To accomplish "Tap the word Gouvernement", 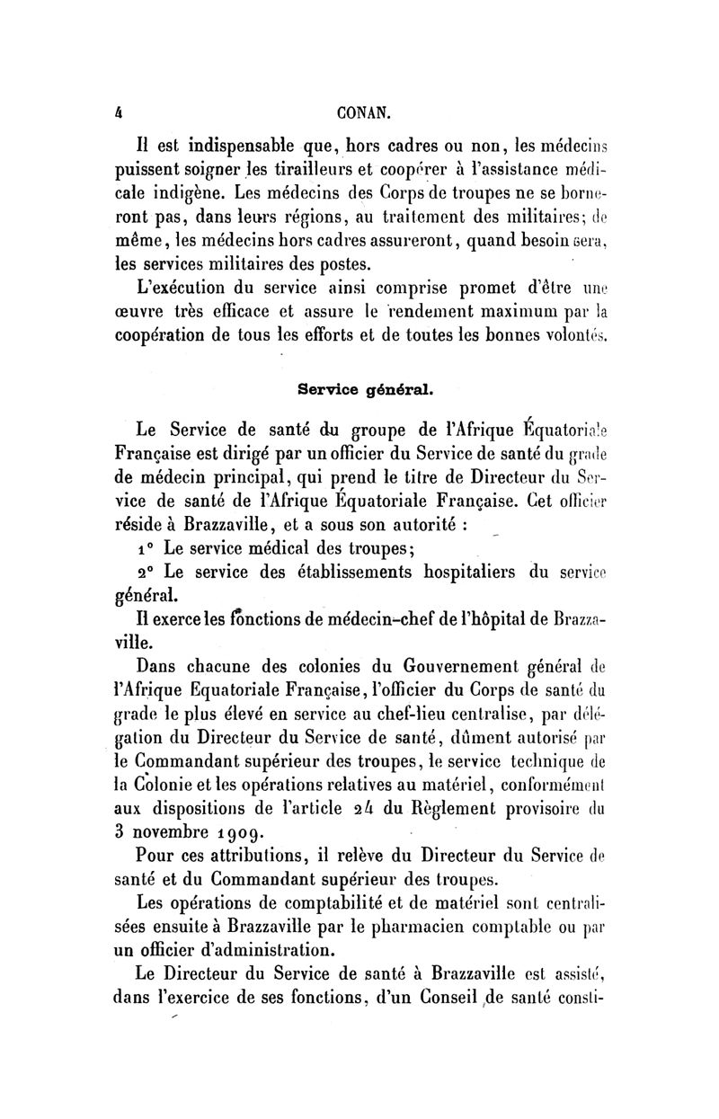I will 425,669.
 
